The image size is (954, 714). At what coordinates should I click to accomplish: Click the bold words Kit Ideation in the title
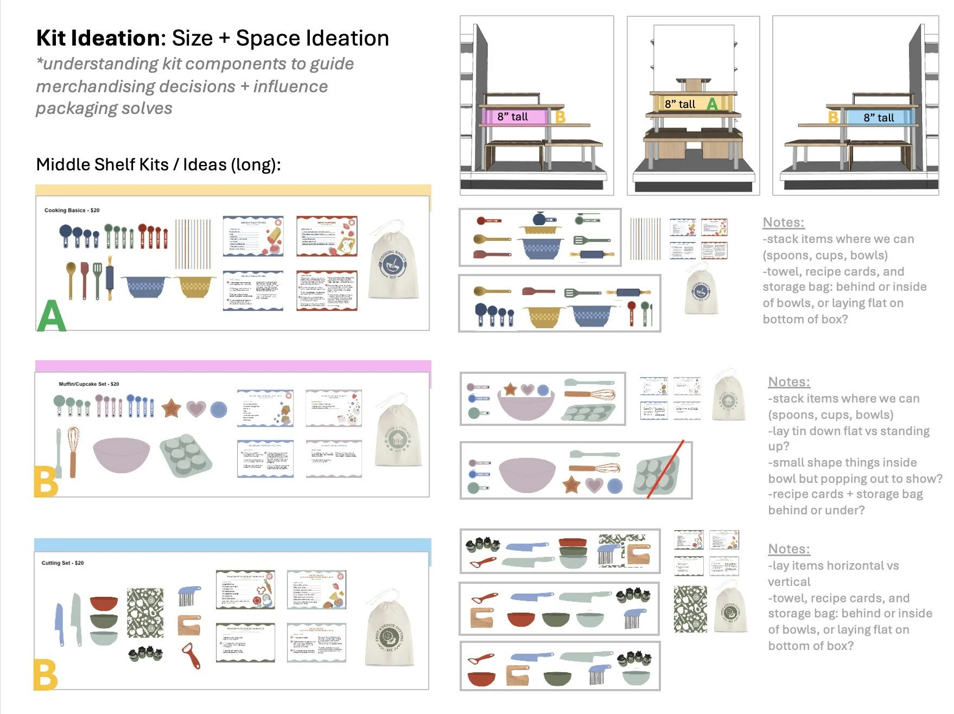point(98,38)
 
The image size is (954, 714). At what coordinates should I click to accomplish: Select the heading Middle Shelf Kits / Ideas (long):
point(158,164)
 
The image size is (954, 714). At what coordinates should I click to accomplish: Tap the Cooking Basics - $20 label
point(72,210)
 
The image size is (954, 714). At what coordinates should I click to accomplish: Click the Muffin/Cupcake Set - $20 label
point(88,384)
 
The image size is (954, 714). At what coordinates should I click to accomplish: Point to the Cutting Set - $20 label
point(62,563)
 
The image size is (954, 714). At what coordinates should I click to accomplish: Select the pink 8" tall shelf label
point(513,117)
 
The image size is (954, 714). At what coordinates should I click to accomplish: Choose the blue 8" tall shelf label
point(879,117)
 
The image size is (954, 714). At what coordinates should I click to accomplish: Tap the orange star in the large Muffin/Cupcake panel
point(171,407)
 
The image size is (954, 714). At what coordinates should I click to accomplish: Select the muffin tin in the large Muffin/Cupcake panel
point(186,455)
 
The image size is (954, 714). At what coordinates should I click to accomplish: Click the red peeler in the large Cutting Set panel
point(191,656)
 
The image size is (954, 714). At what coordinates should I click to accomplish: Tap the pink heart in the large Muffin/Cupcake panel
point(196,408)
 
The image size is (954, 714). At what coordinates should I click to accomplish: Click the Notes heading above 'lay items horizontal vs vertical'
point(788,549)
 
